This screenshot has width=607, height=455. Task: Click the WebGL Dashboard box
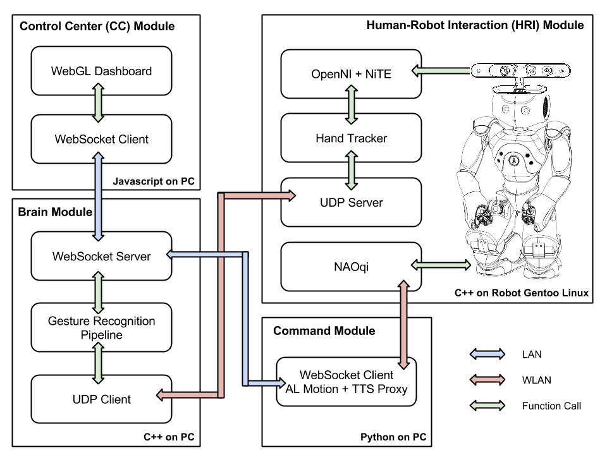101,71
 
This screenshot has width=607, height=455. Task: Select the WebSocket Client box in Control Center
101,139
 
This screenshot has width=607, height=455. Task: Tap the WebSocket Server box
101,256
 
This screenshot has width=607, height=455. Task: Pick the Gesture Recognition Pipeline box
101,327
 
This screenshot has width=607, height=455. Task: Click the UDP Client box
101,399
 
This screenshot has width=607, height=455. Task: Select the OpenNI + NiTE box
351,74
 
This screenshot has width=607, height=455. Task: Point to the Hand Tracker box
351,138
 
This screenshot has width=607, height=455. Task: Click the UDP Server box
351,202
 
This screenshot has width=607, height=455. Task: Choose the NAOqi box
351,267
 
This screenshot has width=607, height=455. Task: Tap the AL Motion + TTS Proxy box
346,382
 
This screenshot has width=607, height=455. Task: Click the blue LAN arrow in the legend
487,354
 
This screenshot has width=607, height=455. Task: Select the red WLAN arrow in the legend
487,380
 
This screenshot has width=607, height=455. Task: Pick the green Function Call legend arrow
487,406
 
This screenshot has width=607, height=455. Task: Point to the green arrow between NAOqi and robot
441,265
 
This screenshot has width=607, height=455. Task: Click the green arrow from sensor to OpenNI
441,71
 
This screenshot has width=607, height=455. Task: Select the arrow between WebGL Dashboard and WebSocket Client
99,103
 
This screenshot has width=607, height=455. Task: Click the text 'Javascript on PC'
154,181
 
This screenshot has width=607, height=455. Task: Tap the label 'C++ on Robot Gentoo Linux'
522,293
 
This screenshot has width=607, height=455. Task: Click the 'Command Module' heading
324,331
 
